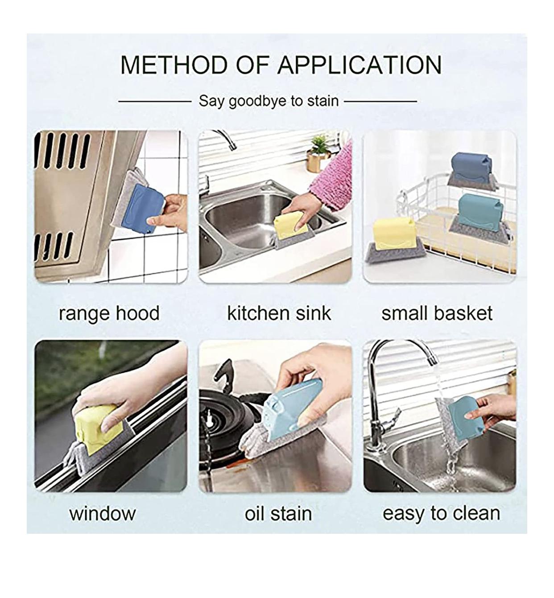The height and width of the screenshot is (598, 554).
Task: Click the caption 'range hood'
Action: [109, 313]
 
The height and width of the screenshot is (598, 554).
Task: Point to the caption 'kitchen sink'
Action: [279, 313]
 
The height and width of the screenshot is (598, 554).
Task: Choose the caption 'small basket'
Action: [437, 313]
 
